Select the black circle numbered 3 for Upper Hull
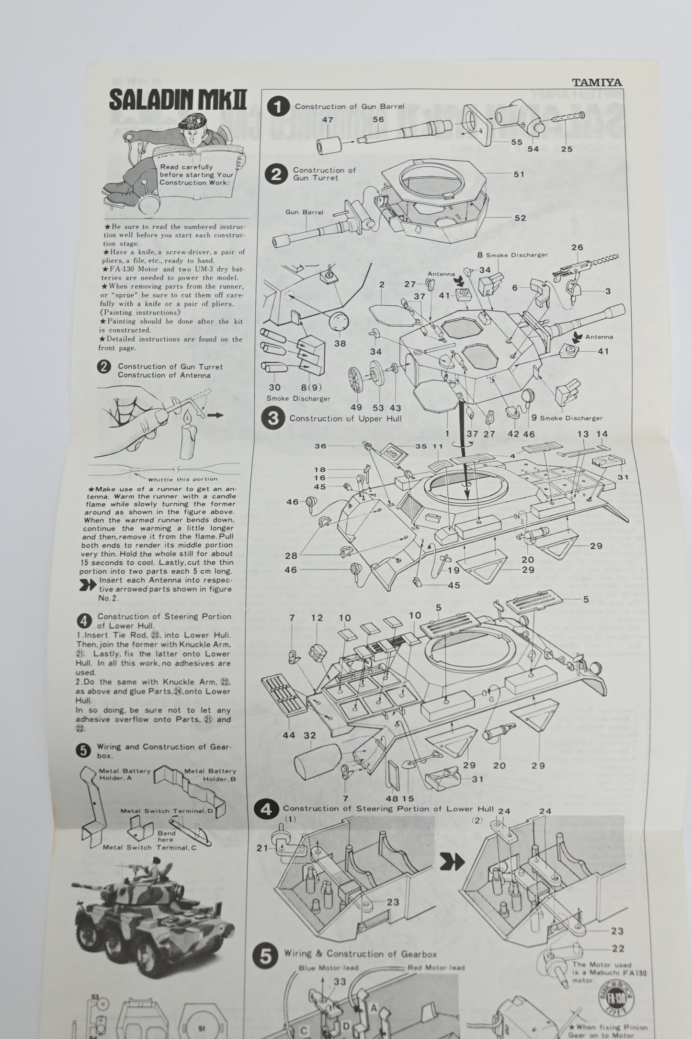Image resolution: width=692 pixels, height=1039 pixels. pyautogui.click(x=273, y=418)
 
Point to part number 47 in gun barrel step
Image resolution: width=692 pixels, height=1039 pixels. pyautogui.click(x=328, y=120)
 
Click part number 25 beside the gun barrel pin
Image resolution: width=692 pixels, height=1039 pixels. pyautogui.click(x=567, y=149)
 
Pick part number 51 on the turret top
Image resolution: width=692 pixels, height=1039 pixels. pyautogui.click(x=519, y=174)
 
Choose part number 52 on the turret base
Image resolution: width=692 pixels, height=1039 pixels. pyautogui.click(x=520, y=218)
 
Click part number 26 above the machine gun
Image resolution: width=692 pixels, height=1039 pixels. pyautogui.click(x=578, y=248)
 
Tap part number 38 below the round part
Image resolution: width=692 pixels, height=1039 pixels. pyautogui.click(x=340, y=343)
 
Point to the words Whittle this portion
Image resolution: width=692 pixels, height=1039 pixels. pyautogui.click(x=183, y=479)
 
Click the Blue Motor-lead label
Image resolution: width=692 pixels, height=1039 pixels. pyautogui.click(x=328, y=954)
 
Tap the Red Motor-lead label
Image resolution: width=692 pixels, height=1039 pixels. pyautogui.click(x=436, y=954)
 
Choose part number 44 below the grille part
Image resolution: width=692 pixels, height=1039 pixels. pyautogui.click(x=289, y=735)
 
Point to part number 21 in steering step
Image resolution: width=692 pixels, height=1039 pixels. pyautogui.click(x=262, y=848)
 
